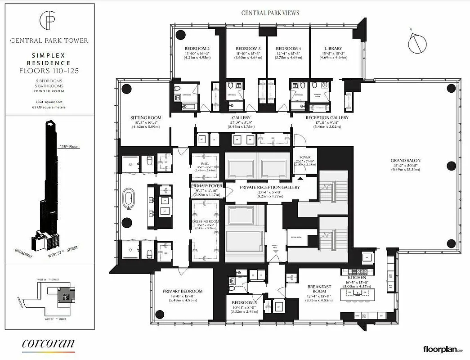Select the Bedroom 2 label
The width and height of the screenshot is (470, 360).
point(197,49)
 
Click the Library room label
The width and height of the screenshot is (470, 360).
point(333,49)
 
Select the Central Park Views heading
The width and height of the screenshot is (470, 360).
point(270,13)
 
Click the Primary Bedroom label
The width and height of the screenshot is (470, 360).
point(183,291)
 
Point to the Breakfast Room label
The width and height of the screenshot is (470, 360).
point(319,289)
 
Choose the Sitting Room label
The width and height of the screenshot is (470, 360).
point(146,118)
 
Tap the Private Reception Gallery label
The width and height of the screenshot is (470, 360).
point(269,187)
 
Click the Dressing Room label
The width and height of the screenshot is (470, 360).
point(205,221)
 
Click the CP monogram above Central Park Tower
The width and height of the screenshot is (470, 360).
point(49,20)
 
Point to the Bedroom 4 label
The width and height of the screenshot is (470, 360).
point(288,49)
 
